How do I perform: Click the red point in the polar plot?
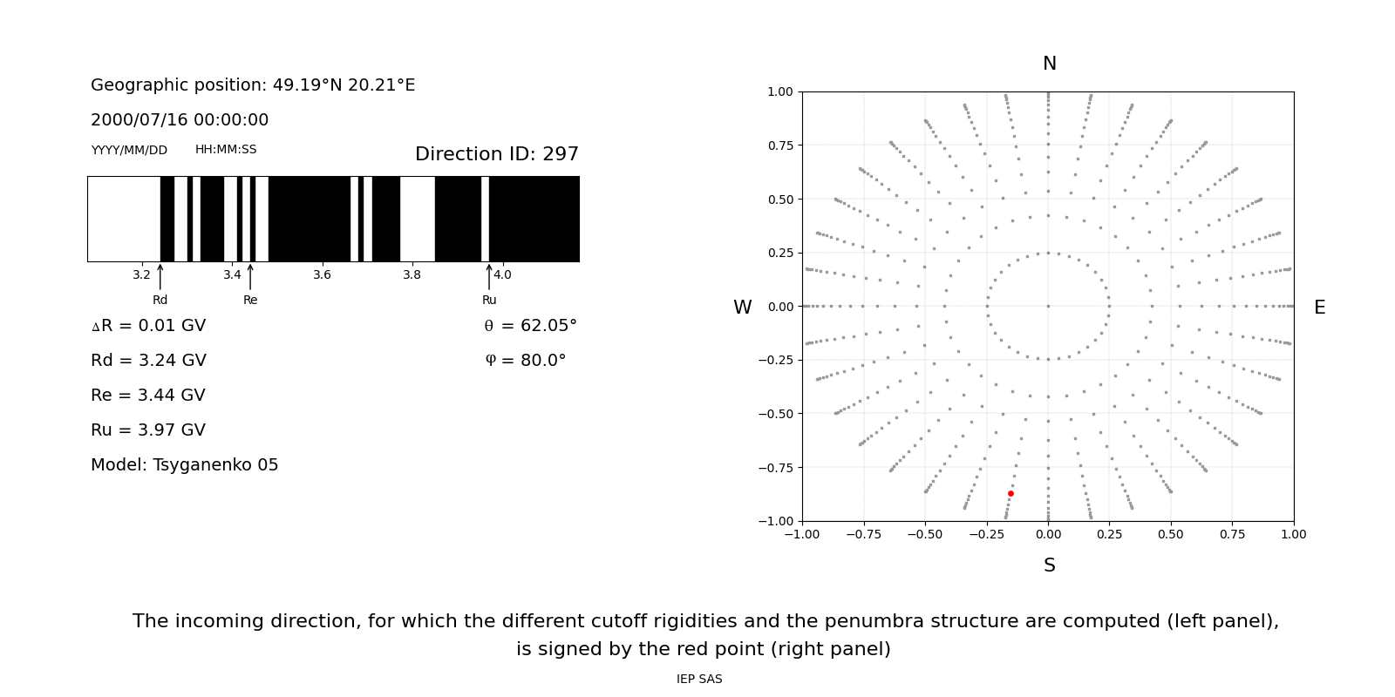point(1011,494)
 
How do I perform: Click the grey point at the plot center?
point(1048,306)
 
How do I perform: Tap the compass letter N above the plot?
point(1050,64)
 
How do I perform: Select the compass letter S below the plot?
point(1050,565)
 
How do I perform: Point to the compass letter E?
point(1319,308)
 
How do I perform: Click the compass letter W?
point(743,308)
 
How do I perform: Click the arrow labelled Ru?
point(489,277)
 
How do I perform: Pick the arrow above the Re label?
point(250,277)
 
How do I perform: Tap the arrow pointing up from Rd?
point(160,277)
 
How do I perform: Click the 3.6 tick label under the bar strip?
point(322,274)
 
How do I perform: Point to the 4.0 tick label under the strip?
point(502,274)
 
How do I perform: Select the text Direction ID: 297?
point(497,154)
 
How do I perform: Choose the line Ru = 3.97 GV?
point(148,430)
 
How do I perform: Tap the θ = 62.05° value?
point(530,326)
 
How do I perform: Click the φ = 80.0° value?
point(526,361)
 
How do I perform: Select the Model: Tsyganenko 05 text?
point(185,465)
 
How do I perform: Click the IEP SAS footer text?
point(699,679)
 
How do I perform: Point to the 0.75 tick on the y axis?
point(780,145)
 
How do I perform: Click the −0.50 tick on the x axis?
point(925,534)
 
